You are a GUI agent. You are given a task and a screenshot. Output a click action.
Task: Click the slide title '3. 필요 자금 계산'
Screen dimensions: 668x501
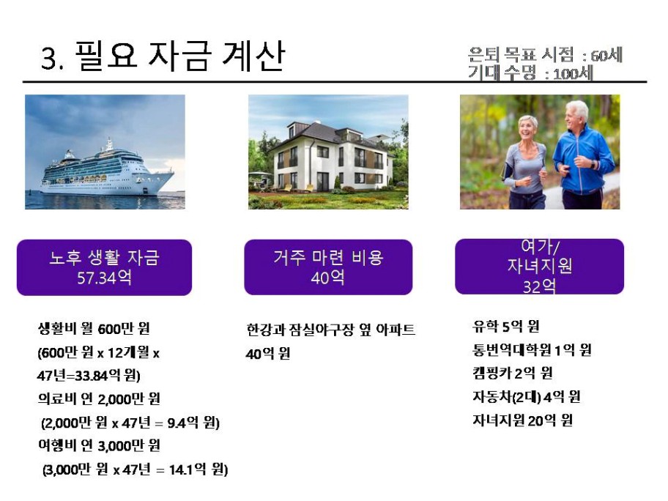point(163,56)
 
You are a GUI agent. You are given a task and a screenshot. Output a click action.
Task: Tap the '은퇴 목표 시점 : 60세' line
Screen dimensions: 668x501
point(545,55)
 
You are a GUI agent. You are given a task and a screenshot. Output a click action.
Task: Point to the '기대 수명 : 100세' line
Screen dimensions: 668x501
point(530,73)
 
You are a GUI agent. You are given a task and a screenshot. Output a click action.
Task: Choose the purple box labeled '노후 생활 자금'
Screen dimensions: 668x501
point(104,267)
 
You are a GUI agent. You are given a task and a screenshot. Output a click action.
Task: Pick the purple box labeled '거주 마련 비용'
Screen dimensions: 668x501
point(328,267)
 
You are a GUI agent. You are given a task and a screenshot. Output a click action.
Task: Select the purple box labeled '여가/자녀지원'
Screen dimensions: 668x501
point(539,267)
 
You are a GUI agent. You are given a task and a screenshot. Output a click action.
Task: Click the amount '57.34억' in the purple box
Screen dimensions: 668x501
point(104,278)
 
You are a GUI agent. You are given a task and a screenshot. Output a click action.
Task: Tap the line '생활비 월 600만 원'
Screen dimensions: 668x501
point(94,328)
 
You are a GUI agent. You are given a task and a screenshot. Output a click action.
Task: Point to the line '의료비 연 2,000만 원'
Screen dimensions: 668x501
point(99,398)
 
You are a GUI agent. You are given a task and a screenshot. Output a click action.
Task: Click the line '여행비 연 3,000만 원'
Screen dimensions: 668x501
point(99,445)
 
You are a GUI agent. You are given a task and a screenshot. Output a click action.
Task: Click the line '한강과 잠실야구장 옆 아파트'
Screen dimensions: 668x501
point(330,330)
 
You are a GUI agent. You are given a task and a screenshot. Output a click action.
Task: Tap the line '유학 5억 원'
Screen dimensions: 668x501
point(505,327)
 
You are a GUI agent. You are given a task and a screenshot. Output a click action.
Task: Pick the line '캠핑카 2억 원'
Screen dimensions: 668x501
point(513,374)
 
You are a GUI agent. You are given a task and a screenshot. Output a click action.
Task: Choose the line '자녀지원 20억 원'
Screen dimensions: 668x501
point(522,420)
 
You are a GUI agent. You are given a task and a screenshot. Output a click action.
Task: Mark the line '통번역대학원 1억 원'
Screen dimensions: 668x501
point(532,350)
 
